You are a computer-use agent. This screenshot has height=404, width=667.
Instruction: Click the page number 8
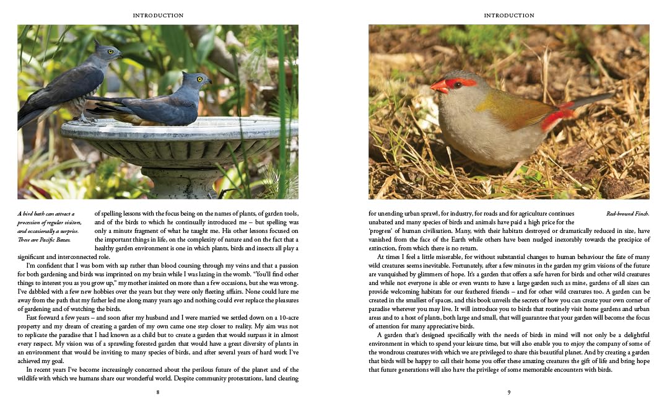pyautogui.click(x=158, y=392)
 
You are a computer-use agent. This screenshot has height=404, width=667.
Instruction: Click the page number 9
pyautogui.click(x=509, y=392)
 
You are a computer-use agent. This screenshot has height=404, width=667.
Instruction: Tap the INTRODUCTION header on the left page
pyautogui.click(x=158, y=15)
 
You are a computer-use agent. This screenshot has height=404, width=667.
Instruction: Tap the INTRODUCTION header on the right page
pyautogui.click(x=509, y=15)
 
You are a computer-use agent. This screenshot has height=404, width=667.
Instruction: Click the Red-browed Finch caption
pyautogui.click(x=627, y=214)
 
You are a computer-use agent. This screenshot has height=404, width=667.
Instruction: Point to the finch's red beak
pyautogui.click(x=438, y=87)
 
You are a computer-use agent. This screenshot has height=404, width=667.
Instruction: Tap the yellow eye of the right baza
pyautogui.click(x=200, y=79)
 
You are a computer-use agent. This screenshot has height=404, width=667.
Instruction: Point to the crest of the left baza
pyautogui.click(x=97, y=44)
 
